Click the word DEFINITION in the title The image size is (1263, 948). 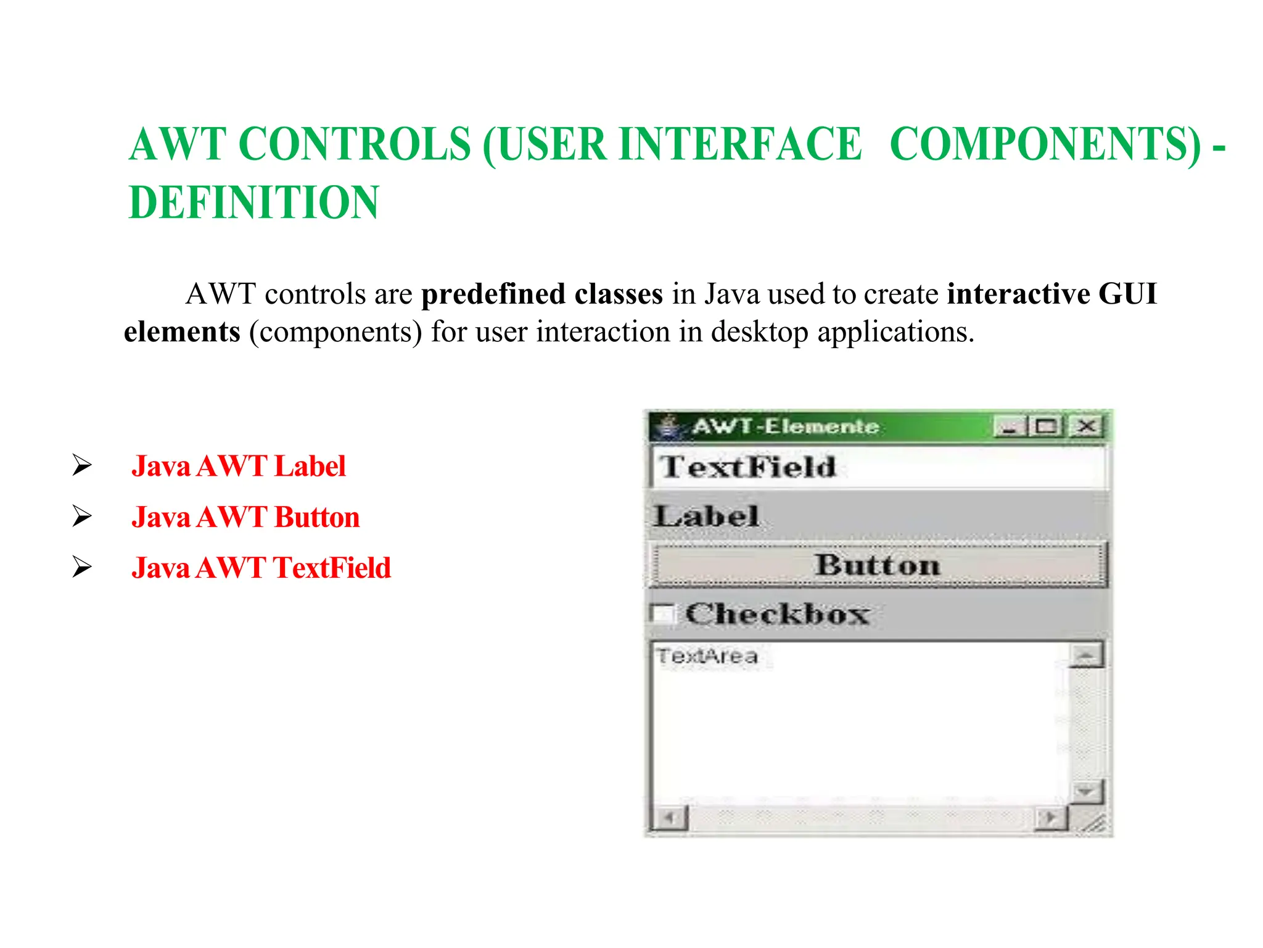(253, 202)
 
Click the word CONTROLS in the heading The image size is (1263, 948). (355, 144)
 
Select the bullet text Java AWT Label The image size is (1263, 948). (239, 466)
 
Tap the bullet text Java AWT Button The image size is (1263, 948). (245, 517)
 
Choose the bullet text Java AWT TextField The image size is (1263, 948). (261, 568)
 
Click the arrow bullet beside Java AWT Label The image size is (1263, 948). (81, 465)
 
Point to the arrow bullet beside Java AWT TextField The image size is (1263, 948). (81, 567)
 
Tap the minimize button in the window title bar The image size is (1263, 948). (1009, 426)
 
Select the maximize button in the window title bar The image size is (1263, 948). (1047, 426)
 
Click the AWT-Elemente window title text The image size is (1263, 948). (785, 426)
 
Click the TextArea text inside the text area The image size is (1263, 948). (707, 656)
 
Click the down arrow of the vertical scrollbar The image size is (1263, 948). (1085, 791)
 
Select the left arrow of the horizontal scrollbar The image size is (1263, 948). (669, 818)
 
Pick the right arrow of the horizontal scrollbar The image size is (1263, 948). (1050, 818)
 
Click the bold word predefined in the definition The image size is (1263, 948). (493, 294)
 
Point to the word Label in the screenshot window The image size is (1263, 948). (707, 516)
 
